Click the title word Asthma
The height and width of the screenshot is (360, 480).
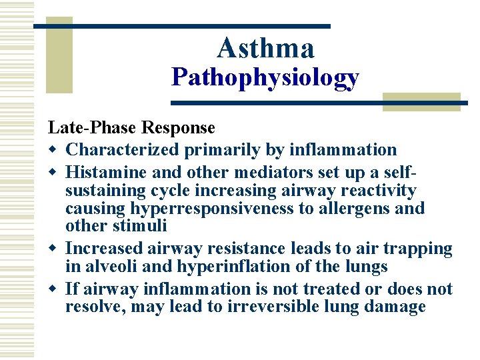[x=265, y=48]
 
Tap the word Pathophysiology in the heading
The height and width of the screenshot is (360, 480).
[x=265, y=78]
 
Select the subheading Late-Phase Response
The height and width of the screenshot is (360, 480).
[x=131, y=127]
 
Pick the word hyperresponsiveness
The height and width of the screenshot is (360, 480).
[x=201, y=209]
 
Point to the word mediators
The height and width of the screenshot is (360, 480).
[x=250, y=172]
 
